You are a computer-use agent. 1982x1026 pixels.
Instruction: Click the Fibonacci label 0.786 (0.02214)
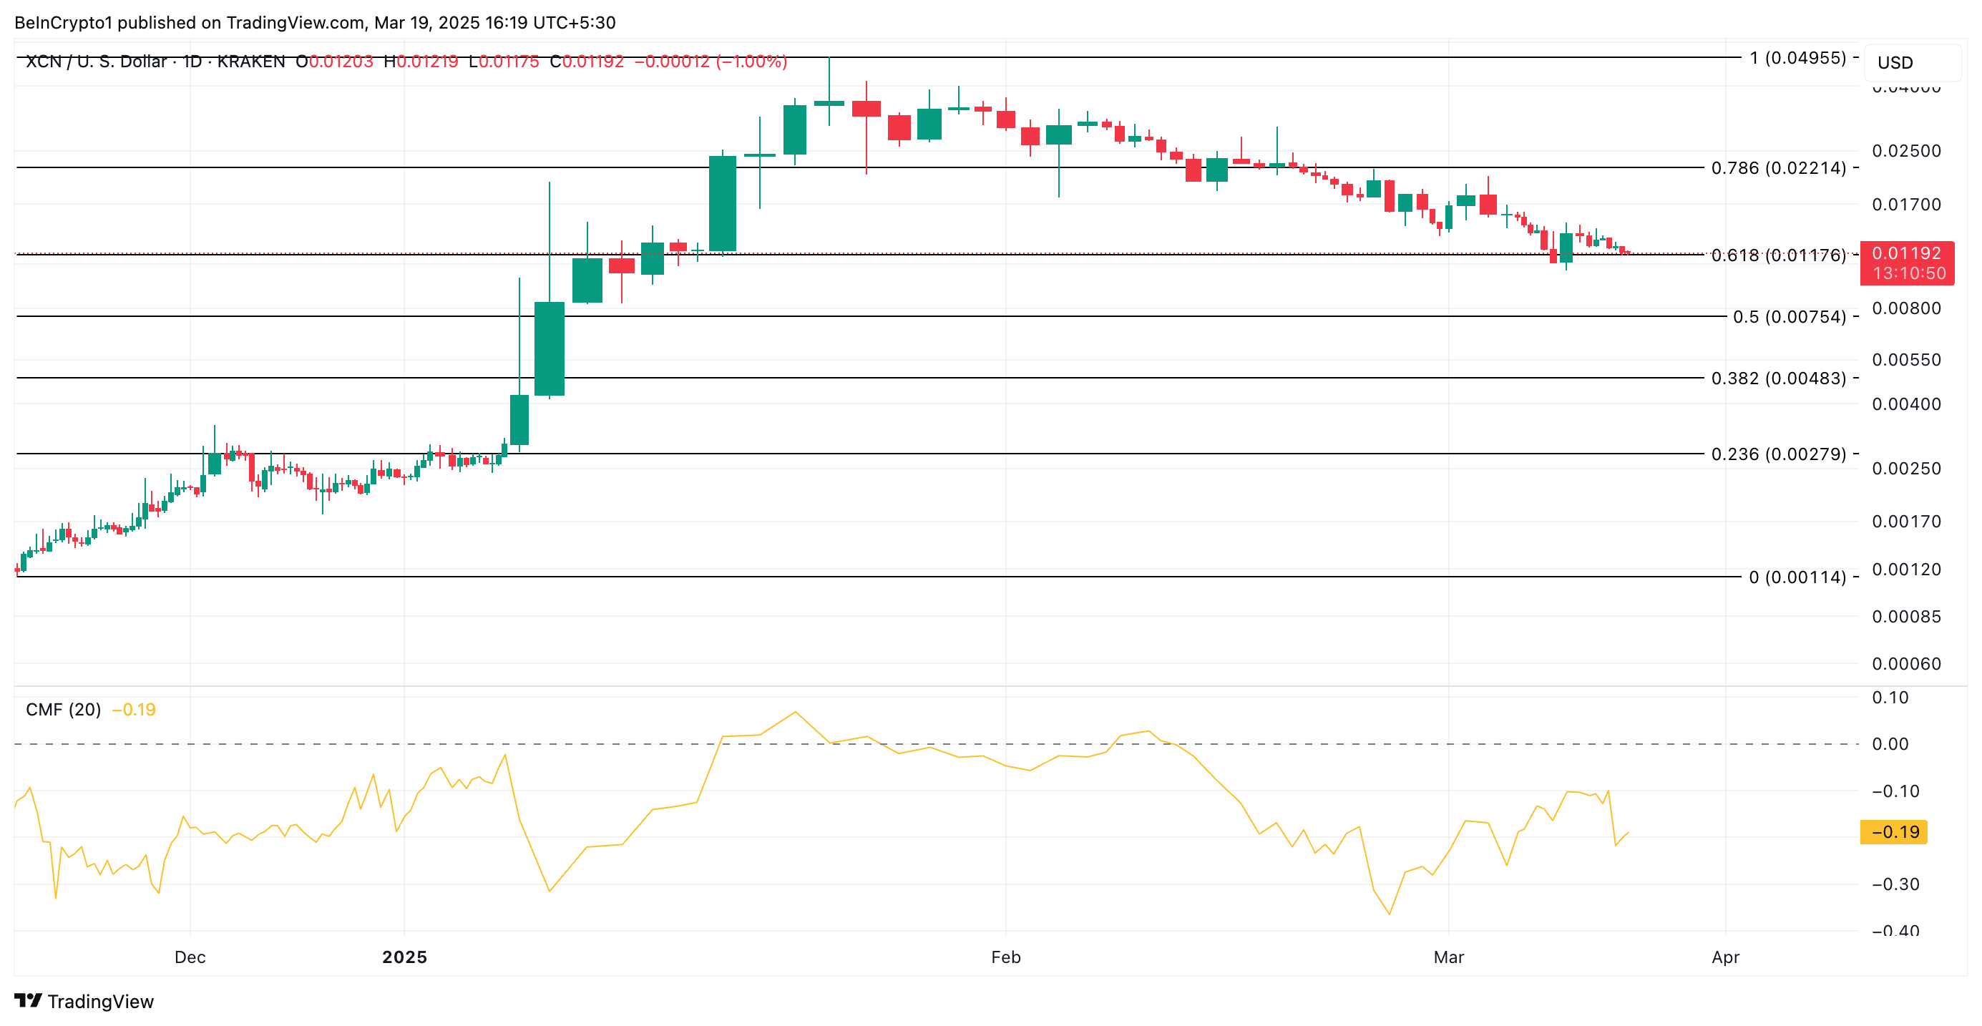coord(1778,167)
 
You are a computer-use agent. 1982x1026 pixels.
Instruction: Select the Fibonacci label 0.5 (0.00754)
coord(1789,317)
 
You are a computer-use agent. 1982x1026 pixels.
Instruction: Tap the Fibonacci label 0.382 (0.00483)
coord(1778,378)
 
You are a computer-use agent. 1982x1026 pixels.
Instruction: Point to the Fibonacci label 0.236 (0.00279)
coord(1778,454)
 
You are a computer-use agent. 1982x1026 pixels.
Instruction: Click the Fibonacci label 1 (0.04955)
coord(1797,58)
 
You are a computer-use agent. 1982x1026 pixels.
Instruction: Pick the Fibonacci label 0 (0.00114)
coord(1797,577)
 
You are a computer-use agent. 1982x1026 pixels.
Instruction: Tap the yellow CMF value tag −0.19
coord(1893,832)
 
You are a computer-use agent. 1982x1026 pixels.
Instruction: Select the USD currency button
coord(1895,62)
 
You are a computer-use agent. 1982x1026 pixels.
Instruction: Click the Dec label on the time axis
coord(190,957)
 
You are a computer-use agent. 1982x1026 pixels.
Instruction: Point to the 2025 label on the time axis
coord(405,957)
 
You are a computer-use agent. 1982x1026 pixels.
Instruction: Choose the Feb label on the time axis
coord(1005,957)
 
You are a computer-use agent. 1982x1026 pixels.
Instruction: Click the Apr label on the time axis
coord(1726,957)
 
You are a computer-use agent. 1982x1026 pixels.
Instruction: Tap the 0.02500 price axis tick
coord(1906,151)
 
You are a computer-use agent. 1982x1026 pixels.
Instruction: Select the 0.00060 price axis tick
coord(1906,664)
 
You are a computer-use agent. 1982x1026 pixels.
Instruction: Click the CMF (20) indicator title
coord(64,710)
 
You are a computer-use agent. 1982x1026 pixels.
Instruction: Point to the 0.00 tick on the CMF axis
coord(1890,745)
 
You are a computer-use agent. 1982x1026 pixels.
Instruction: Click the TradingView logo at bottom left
coord(84,1002)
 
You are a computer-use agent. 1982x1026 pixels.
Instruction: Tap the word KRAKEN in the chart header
coord(251,62)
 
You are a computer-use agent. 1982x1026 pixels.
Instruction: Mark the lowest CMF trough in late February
coord(1390,914)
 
